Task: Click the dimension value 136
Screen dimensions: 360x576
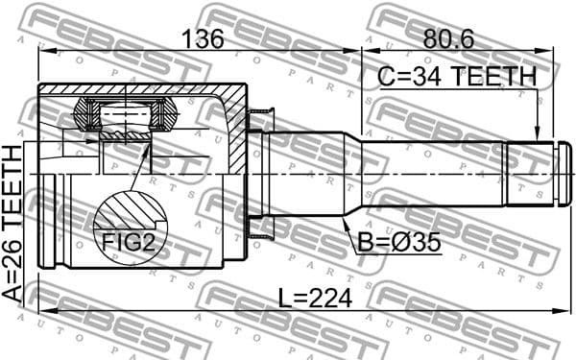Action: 203,39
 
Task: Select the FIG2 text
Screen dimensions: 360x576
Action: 129,244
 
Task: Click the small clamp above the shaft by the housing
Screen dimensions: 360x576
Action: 259,120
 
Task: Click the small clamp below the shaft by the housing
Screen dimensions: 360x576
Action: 259,231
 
